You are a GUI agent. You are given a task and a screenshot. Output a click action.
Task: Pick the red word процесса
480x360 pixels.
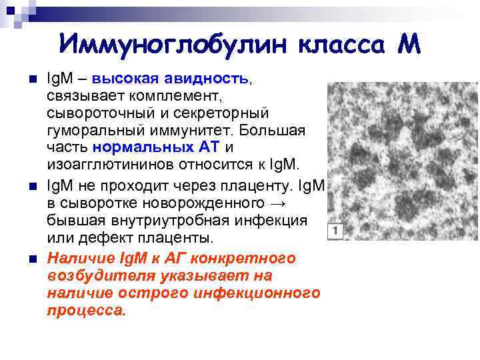(x=86, y=310)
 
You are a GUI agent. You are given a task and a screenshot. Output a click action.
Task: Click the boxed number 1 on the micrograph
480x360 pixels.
(x=335, y=231)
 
